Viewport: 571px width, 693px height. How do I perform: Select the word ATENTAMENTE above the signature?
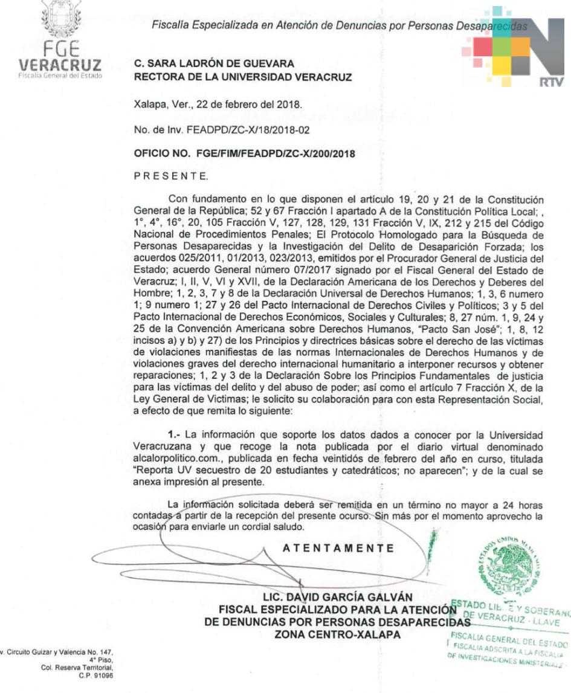338,549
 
